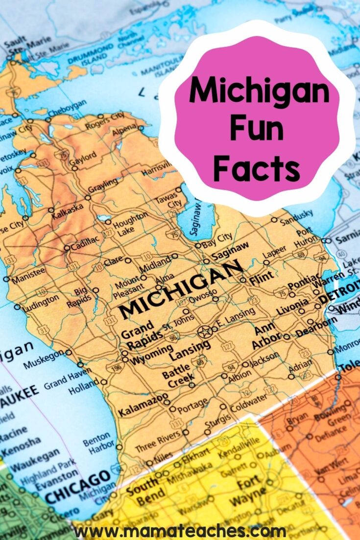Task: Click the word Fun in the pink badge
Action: (x=257, y=129)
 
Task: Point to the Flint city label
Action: (x=261, y=280)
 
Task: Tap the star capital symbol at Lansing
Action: (x=203, y=332)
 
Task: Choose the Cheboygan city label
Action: (x=68, y=108)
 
